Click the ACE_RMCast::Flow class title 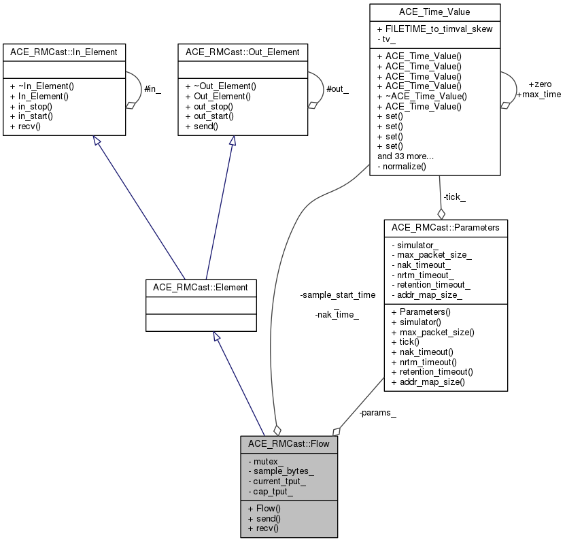point(288,444)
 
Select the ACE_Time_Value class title point(434,12)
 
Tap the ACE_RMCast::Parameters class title point(445,227)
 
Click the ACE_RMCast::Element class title point(201,287)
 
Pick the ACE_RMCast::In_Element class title point(64,52)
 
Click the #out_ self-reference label point(337,90)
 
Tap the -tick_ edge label point(454,197)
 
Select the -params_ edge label point(377,413)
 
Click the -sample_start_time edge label point(338,295)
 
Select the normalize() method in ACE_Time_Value point(403,166)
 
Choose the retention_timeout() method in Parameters point(432,372)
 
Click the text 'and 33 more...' point(407,156)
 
